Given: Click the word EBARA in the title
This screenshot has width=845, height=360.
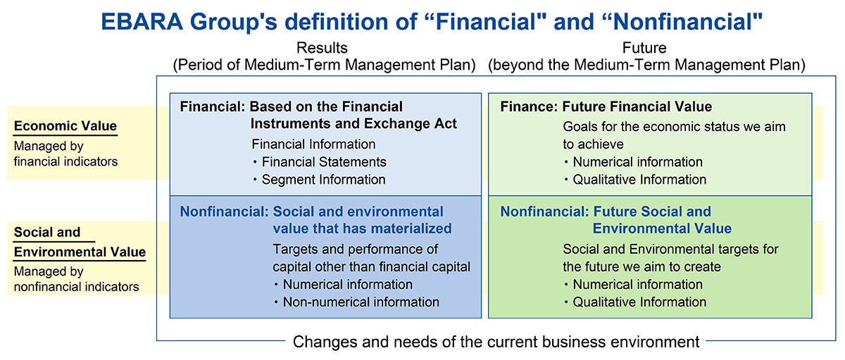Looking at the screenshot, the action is pos(142,22).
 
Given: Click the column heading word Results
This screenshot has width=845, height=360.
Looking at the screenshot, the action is pos(322,48).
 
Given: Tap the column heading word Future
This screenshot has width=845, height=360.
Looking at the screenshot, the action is pos(644,48).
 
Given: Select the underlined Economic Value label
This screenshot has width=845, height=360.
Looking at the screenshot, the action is pos(65,125).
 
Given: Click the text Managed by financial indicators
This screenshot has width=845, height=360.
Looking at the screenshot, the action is pos(65,154).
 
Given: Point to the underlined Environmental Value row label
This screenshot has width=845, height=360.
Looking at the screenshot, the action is pos(80,252).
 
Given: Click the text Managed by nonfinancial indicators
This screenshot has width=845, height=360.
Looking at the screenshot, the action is pos(76,279).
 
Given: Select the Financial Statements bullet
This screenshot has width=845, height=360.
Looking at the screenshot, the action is pos(320,162).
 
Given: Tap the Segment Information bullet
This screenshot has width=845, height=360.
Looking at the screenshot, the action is pos(320,180).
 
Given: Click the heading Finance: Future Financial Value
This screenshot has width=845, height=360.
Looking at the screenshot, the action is pos(606,107).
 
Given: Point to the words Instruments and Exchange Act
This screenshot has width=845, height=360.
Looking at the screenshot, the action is pos(353,124).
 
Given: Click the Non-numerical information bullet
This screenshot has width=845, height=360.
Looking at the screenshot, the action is pos(357,302).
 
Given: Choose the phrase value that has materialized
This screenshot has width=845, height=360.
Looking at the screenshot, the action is pos(362,229).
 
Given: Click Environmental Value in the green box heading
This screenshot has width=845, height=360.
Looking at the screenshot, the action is pos(662,229).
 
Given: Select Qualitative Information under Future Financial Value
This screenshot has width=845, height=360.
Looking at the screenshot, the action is pos(635,180).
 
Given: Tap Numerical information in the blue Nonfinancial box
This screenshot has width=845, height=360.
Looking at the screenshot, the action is pos(344,285).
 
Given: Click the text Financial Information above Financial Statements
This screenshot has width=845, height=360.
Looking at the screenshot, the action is pos(313,144).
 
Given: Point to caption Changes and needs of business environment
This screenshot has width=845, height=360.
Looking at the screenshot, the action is pos(496,342).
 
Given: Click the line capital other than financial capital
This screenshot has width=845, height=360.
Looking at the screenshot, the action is pos(372,267).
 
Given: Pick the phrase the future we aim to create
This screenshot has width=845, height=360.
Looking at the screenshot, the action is pos(641,267).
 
